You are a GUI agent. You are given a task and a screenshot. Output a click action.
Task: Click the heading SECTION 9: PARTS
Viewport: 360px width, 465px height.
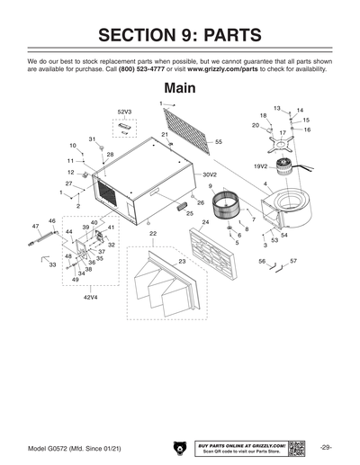tap(180, 35)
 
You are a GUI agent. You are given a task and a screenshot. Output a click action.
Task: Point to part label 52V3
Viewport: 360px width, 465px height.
tap(124, 112)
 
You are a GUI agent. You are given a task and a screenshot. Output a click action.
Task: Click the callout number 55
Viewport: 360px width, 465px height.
tap(219, 142)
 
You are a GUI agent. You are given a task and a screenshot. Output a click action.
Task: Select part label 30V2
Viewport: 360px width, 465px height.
tap(210, 174)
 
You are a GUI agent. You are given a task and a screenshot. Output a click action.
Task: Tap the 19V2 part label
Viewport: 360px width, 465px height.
tap(260, 166)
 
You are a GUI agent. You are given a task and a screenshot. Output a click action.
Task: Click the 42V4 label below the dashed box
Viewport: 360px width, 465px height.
tap(92, 295)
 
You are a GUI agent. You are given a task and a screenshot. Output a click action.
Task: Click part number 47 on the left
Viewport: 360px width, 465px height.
tap(35, 226)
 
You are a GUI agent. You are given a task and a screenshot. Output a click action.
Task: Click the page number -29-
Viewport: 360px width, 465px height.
tap(326, 447)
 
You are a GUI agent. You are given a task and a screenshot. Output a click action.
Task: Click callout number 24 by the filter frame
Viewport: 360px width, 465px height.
tap(205, 222)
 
